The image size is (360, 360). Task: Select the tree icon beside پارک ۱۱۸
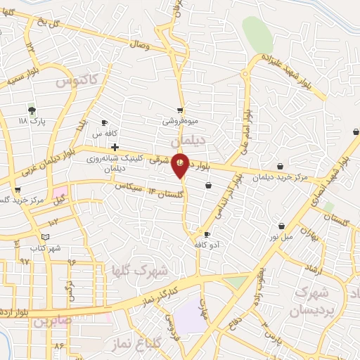pos(31,110)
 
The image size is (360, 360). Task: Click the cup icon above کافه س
pos(104,122)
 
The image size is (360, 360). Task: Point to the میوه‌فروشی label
pos(181,121)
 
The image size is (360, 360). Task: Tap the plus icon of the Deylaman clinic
pos(115,146)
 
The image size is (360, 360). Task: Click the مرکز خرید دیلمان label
pos(281,177)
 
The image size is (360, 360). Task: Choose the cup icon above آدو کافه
pos(207,234)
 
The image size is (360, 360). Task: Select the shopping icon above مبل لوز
pos(281,226)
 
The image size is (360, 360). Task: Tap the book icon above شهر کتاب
pos(46,238)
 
